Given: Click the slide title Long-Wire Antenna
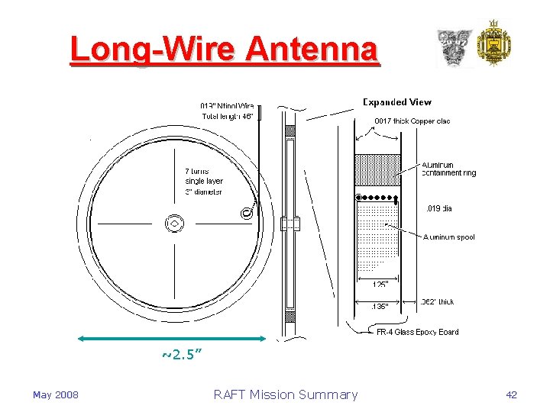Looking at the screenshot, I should click(223, 50).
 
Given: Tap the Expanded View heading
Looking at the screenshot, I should click(396, 102).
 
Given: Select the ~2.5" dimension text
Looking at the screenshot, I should click(182, 355).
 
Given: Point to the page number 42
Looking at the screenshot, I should click(511, 394).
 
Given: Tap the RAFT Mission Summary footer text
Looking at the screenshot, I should click(285, 394).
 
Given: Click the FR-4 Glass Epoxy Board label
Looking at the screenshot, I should click(417, 332).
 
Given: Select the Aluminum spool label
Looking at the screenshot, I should click(448, 237).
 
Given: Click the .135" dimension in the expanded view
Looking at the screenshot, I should click(379, 306).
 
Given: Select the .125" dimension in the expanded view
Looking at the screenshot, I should click(380, 285).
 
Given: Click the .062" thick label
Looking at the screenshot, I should click(437, 302).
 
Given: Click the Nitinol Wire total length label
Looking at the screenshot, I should click(227, 111).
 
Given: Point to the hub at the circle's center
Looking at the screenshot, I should click(175, 224).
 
